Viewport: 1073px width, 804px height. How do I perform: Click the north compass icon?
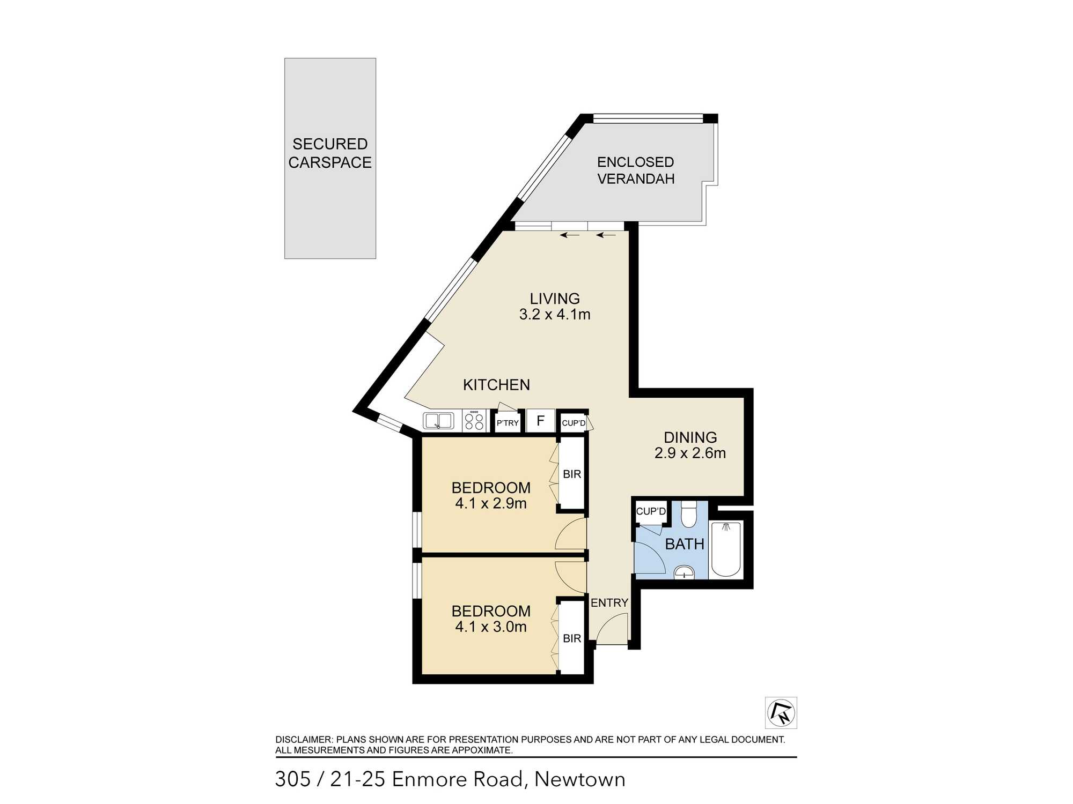click(781, 713)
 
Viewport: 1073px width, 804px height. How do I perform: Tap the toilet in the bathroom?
click(688, 514)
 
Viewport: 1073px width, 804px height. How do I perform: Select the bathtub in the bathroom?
click(726, 549)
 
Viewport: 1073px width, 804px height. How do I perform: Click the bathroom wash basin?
click(684, 572)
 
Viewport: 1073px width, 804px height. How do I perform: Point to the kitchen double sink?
click(438, 421)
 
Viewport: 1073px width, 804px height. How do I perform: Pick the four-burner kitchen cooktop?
click(474, 420)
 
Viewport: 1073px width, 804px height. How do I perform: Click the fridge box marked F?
click(541, 421)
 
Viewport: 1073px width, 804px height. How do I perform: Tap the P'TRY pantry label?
click(508, 423)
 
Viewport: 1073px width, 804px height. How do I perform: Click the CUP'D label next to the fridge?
click(574, 423)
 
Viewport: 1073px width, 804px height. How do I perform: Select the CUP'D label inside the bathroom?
click(651, 511)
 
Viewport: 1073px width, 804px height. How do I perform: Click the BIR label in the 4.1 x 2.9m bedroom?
click(572, 474)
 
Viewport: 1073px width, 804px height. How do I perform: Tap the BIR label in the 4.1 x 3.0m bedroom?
click(572, 638)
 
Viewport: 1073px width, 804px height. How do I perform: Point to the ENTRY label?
click(609, 603)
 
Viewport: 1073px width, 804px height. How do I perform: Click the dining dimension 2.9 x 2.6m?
click(690, 453)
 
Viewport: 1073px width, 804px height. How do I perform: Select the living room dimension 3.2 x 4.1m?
click(555, 315)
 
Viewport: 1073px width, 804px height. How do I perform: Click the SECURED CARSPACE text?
click(330, 153)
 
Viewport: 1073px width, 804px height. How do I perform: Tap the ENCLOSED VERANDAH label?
click(636, 170)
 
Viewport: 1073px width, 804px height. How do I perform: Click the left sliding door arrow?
click(570, 235)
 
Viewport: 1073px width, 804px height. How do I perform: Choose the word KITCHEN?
click(496, 385)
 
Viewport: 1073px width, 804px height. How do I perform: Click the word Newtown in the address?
click(580, 779)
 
